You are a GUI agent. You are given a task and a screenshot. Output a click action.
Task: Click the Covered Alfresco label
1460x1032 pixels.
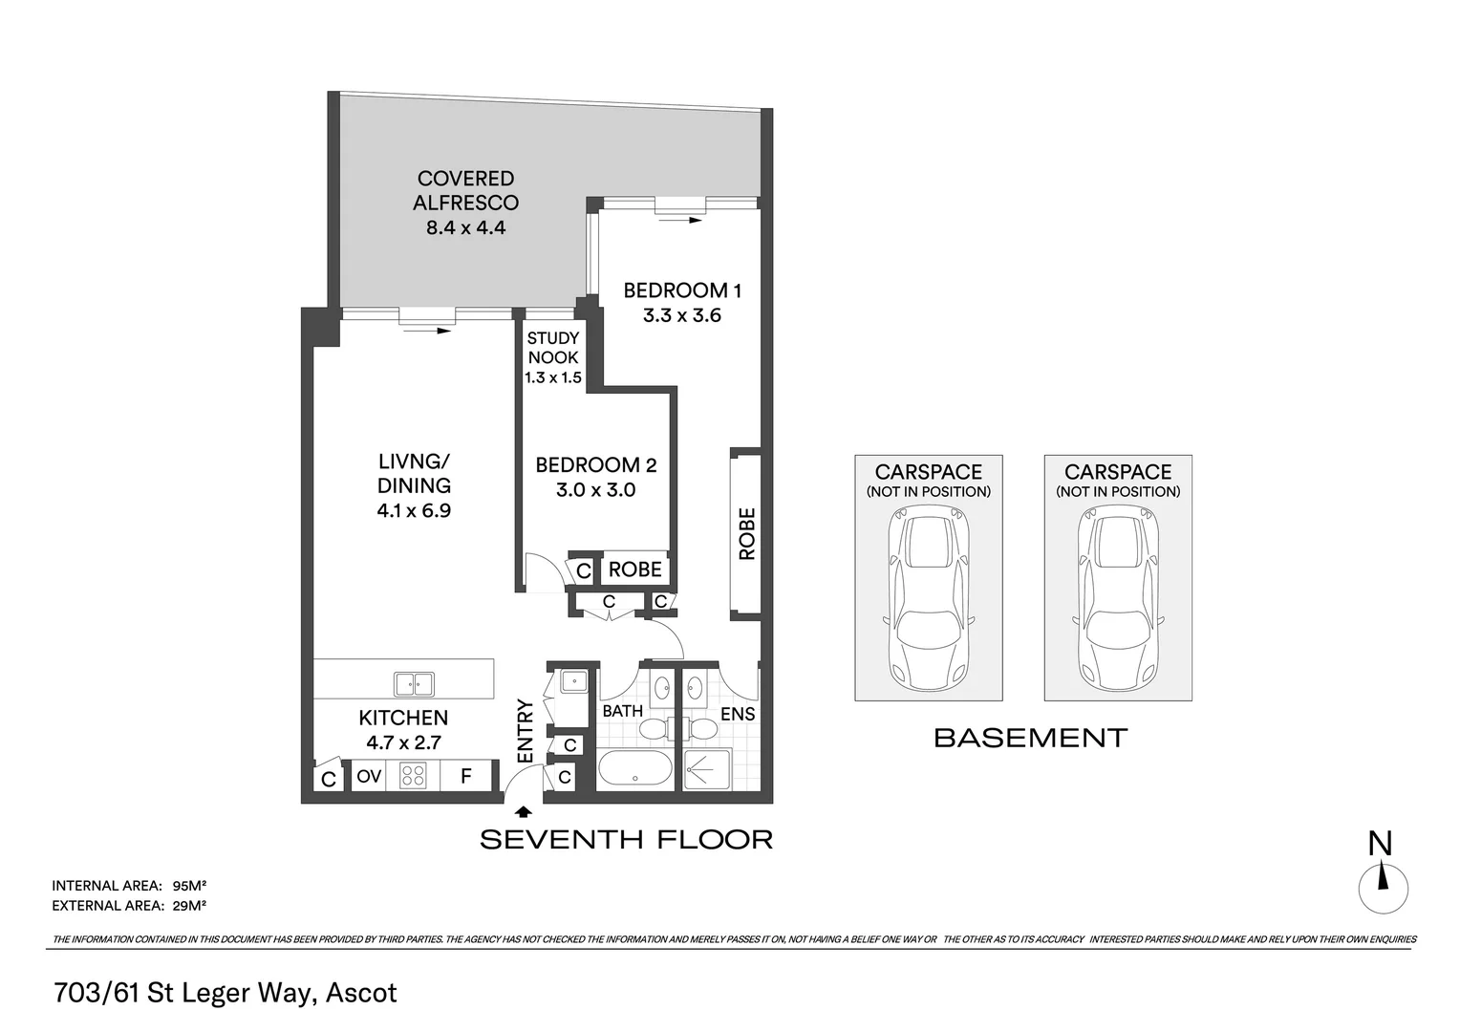click(x=465, y=190)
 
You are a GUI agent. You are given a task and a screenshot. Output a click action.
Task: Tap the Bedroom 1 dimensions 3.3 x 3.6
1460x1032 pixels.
click(x=681, y=315)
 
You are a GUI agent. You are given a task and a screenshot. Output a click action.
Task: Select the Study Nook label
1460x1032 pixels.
click(x=553, y=348)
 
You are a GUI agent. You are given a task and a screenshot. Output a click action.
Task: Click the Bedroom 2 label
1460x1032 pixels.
click(x=595, y=465)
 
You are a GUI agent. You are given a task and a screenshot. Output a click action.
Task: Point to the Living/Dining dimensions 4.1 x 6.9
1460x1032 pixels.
click(x=413, y=510)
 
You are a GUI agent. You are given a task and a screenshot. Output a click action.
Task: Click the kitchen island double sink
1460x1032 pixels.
click(x=414, y=684)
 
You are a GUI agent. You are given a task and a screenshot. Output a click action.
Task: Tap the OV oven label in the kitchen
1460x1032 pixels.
click(x=369, y=777)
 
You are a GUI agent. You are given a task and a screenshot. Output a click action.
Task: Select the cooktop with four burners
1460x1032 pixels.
click(x=413, y=776)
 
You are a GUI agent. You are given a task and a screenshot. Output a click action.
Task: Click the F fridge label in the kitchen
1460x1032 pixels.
click(x=466, y=776)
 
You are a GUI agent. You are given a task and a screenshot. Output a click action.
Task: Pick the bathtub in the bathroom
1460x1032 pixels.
click(x=635, y=769)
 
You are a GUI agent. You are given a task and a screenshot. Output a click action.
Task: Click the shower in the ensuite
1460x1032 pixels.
click(x=708, y=769)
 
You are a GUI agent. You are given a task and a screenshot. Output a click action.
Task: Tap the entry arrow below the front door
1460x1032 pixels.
click(x=523, y=812)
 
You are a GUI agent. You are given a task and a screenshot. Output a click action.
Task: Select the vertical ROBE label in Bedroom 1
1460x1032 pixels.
click(x=746, y=533)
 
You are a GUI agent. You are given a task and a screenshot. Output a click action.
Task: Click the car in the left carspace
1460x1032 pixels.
click(x=928, y=598)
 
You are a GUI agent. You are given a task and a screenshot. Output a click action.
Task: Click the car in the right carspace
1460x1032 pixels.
click(x=1117, y=598)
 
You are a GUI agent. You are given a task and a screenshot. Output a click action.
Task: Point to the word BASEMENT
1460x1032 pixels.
click(x=1030, y=738)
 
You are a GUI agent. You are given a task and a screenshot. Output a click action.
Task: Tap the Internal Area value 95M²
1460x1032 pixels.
click(x=190, y=884)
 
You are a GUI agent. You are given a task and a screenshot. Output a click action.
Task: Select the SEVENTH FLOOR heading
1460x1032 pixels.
click(x=626, y=840)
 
